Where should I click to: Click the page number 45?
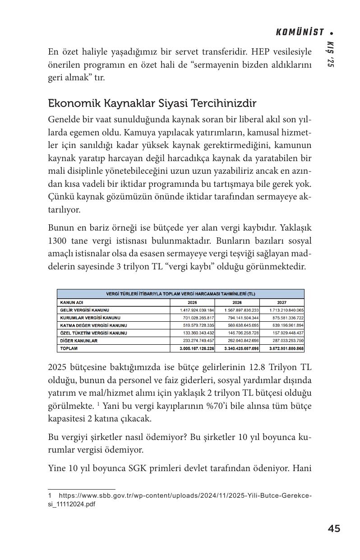334,528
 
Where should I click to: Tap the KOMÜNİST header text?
300,32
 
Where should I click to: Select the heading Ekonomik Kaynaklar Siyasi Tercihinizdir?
152,103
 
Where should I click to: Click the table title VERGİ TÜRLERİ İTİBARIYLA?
180,294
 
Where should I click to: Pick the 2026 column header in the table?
237,302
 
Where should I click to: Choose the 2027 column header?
282,302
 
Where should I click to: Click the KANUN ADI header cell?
72,302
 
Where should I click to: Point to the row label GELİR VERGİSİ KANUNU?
84,310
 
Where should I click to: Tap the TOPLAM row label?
69,348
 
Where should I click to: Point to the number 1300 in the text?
58,241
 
